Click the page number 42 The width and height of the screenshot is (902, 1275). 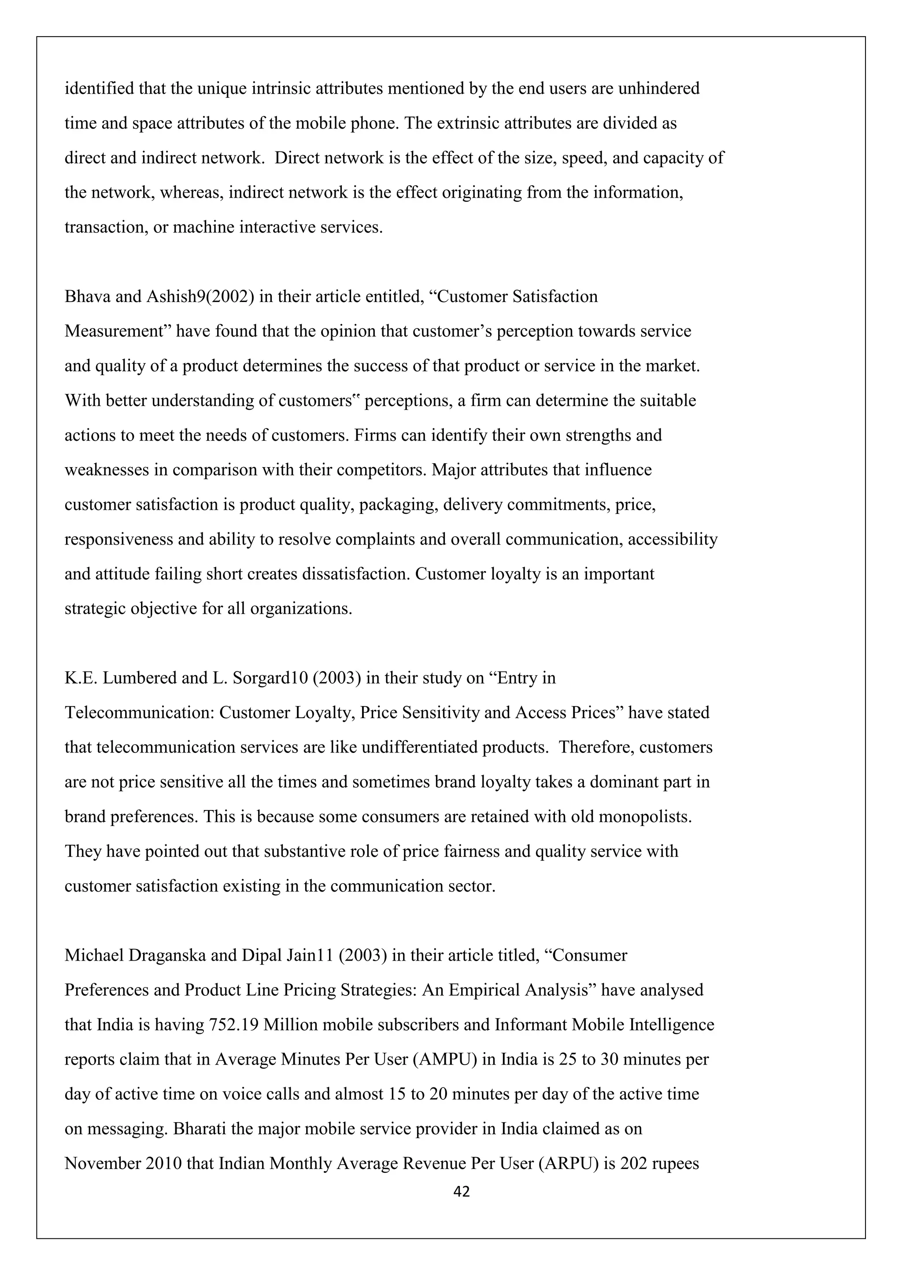point(462,1191)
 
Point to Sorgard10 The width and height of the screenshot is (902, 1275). point(269,678)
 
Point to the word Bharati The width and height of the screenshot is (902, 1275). point(200,1129)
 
